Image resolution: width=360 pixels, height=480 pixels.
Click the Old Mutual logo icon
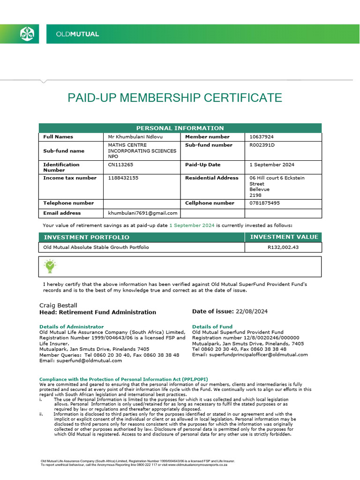(26, 34)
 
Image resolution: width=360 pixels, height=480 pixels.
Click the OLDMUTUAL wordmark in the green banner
(77, 34)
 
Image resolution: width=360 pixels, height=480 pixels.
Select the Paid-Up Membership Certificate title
(175, 98)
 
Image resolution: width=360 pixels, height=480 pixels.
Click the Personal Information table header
(180, 128)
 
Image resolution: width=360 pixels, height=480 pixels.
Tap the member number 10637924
(262, 137)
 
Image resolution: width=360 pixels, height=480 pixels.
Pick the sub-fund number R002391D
(262, 145)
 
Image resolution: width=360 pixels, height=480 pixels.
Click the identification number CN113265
(120, 165)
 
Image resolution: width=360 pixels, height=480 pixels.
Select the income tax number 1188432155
(123, 178)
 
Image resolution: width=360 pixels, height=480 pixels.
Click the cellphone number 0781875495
(265, 203)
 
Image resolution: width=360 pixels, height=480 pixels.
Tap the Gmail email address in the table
(142, 213)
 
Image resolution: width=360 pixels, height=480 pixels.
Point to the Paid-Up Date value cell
(272, 165)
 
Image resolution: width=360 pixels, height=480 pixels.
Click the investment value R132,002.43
(283, 247)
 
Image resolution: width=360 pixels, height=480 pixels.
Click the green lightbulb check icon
(50, 266)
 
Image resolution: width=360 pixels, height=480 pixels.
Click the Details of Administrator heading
(71, 326)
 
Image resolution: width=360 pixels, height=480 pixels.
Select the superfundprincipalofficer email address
(250, 355)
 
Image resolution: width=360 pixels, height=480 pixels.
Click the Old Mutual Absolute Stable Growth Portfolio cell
(96, 247)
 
